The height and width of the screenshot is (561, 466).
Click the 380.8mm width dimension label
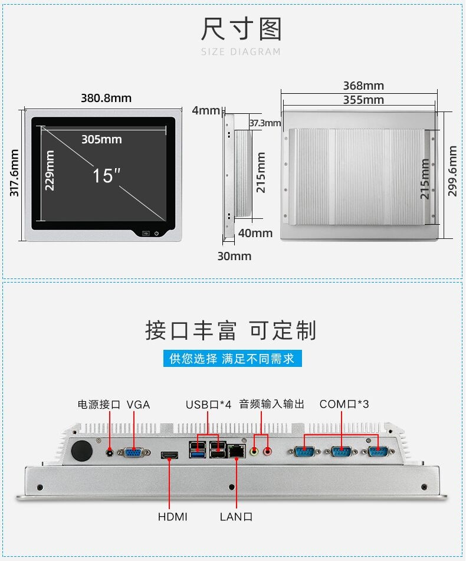point(106,98)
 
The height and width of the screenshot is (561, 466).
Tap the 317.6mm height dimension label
point(14,173)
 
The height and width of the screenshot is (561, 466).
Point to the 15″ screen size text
point(106,176)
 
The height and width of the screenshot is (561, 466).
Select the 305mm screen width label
point(101,139)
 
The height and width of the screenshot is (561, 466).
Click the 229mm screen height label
point(50,170)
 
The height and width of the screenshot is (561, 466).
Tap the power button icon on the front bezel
point(157,234)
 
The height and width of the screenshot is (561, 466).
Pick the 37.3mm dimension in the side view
point(265,123)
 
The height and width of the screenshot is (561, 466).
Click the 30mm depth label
point(234,256)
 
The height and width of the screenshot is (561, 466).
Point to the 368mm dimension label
point(363,86)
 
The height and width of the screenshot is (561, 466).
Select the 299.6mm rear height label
point(452,171)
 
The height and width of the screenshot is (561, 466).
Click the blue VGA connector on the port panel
point(134,452)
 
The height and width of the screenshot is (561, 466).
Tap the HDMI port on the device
point(169,455)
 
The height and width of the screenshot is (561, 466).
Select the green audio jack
point(254,451)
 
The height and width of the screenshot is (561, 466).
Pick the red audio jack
point(267,451)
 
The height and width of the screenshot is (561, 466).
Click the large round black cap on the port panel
point(82,450)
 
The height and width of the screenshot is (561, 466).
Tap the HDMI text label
point(172,517)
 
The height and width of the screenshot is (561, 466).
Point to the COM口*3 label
point(344,404)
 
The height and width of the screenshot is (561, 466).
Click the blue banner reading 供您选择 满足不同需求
point(232,359)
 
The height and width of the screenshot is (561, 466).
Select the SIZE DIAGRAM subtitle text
point(241,52)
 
